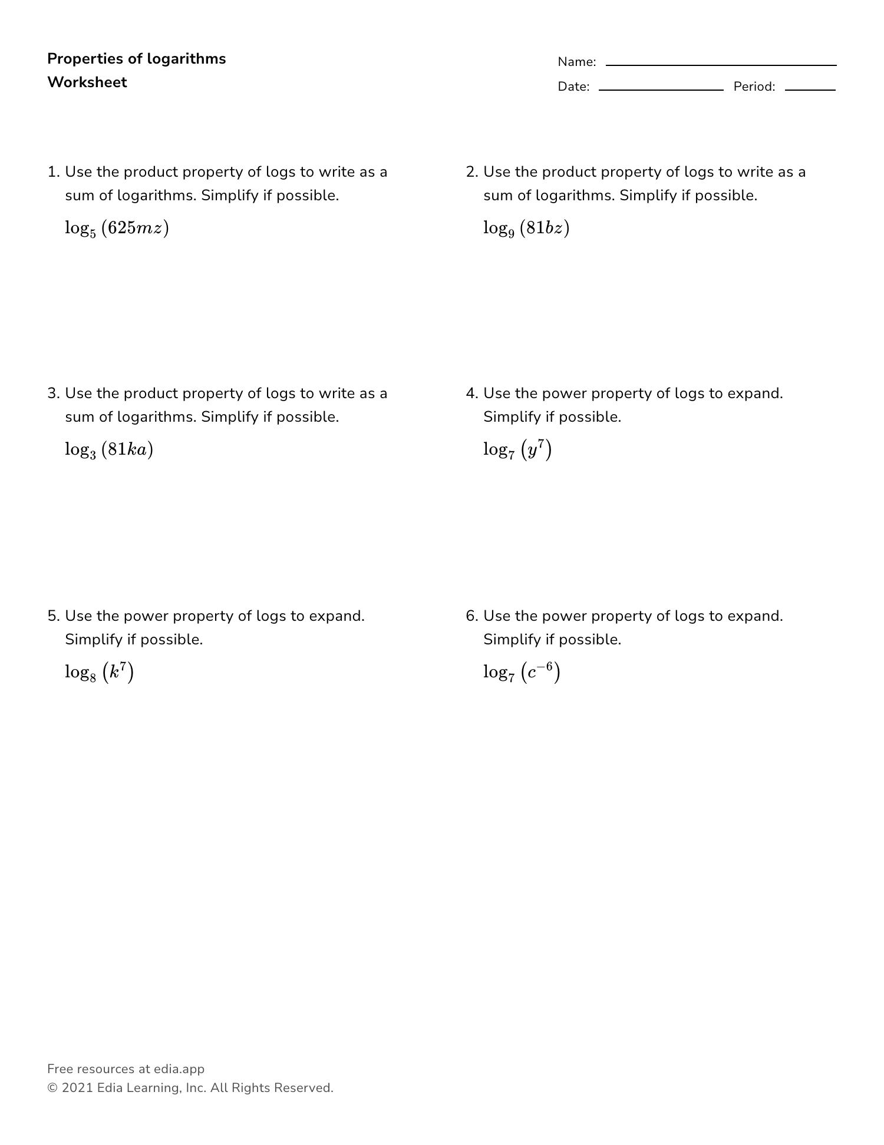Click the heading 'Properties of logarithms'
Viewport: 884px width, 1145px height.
(136, 59)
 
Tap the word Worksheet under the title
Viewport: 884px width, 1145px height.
(87, 82)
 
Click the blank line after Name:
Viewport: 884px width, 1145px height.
(721, 64)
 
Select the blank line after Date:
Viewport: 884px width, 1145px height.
(661, 89)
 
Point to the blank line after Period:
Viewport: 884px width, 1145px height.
(810, 89)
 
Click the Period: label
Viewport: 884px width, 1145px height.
(754, 87)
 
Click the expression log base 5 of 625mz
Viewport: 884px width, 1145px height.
(117, 228)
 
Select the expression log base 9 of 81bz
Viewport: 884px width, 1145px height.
(526, 228)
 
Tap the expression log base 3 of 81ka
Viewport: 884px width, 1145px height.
(109, 450)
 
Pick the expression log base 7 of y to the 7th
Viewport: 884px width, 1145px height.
(517, 450)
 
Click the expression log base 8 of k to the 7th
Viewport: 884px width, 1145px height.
(100, 672)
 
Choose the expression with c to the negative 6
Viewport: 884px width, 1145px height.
(522, 672)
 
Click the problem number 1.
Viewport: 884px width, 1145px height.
(52, 172)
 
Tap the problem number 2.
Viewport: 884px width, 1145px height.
(471, 172)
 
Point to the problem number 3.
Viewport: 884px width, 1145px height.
(52, 393)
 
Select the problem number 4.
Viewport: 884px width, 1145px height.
(471, 393)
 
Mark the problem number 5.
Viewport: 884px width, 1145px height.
(52, 616)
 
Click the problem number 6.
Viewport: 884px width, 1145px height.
(471, 616)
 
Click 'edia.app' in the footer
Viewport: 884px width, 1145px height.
(179, 1069)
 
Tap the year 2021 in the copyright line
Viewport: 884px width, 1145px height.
(77, 1088)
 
